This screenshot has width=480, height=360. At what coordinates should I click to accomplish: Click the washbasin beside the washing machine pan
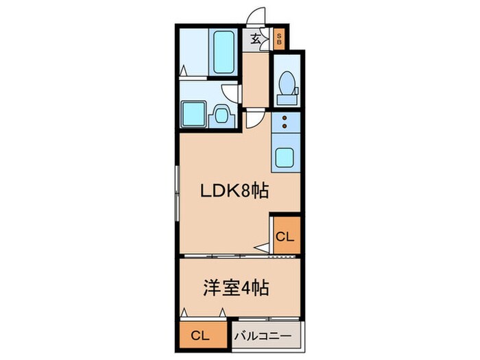221,114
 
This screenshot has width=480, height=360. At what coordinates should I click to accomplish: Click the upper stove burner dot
285,119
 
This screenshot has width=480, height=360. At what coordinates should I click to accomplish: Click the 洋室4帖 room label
234,287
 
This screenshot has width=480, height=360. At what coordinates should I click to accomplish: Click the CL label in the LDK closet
285,237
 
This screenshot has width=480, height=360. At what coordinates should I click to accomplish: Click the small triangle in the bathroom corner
185,71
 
